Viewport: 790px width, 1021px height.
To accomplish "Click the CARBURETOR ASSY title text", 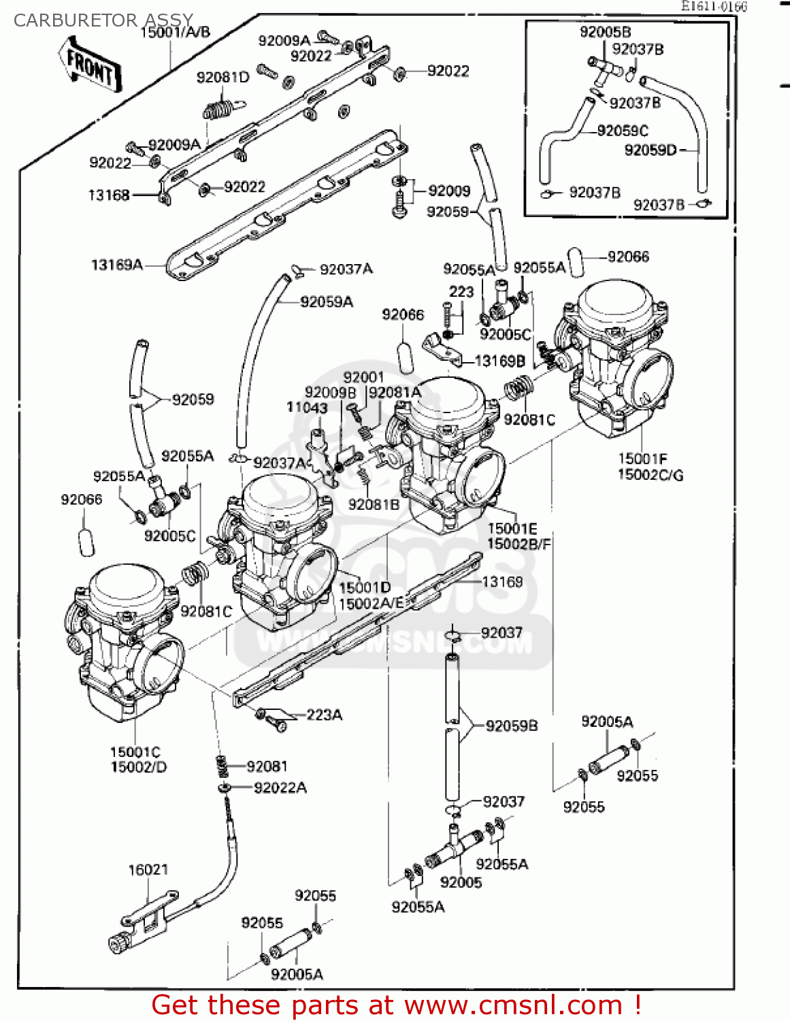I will point(103,20).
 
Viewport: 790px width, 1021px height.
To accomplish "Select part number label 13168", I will point(109,195).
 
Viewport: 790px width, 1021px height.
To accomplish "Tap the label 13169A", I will point(117,265).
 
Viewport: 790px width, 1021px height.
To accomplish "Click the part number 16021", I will point(148,869).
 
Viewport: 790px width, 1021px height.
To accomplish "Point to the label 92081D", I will point(223,78).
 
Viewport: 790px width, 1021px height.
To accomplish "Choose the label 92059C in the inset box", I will point(622,131).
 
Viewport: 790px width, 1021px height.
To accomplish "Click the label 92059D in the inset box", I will point(651,150).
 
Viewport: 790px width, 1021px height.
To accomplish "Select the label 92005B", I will point(605,32).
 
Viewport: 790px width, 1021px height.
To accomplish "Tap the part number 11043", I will point(307,408).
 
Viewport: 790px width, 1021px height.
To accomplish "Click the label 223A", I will point(324,715).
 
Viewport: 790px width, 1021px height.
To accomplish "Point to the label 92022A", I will point(280,788).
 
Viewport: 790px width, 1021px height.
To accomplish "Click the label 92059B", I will point(511,726).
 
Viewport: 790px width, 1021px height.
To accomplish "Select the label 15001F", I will point(642,459).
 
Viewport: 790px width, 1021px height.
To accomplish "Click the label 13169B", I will point(499,361).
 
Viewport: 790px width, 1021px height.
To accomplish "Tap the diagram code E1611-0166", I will point(714,7).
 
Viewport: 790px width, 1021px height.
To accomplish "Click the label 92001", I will point(363,377).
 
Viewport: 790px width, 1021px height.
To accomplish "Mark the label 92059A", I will point(327,302).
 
